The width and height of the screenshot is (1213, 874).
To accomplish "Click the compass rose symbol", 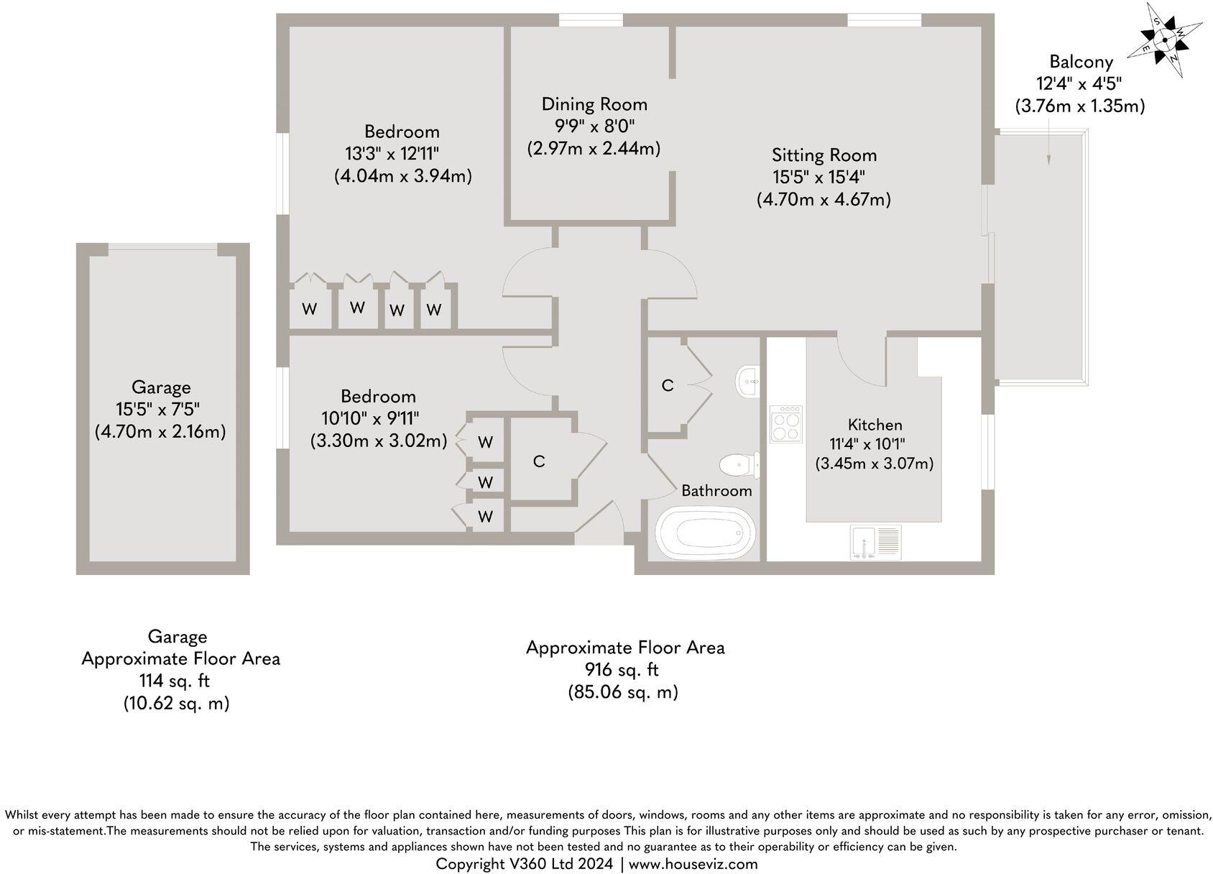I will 1164,39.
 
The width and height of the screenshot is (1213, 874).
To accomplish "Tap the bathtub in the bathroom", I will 705,533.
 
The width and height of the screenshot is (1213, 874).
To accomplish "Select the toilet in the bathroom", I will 740,464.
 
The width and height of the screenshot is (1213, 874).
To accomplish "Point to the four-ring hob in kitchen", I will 786,424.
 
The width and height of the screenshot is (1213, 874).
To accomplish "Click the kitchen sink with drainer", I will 875,542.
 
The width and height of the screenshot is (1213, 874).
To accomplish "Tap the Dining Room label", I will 594,104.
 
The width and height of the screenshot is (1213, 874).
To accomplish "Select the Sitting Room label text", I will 824,155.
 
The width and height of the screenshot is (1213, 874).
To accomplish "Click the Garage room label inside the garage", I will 161,387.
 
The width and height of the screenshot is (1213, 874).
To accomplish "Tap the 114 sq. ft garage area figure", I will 175,681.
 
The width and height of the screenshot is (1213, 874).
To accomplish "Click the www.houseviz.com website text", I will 693,864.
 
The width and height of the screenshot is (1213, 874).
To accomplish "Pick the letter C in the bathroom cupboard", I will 667,386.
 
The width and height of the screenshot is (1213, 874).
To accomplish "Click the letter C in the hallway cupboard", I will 539,461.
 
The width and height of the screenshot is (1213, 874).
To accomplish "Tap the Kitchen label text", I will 875,425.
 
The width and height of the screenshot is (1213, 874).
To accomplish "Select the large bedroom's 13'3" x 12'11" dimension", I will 392,154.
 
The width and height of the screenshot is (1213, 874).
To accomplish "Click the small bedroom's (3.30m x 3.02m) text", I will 379,440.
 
